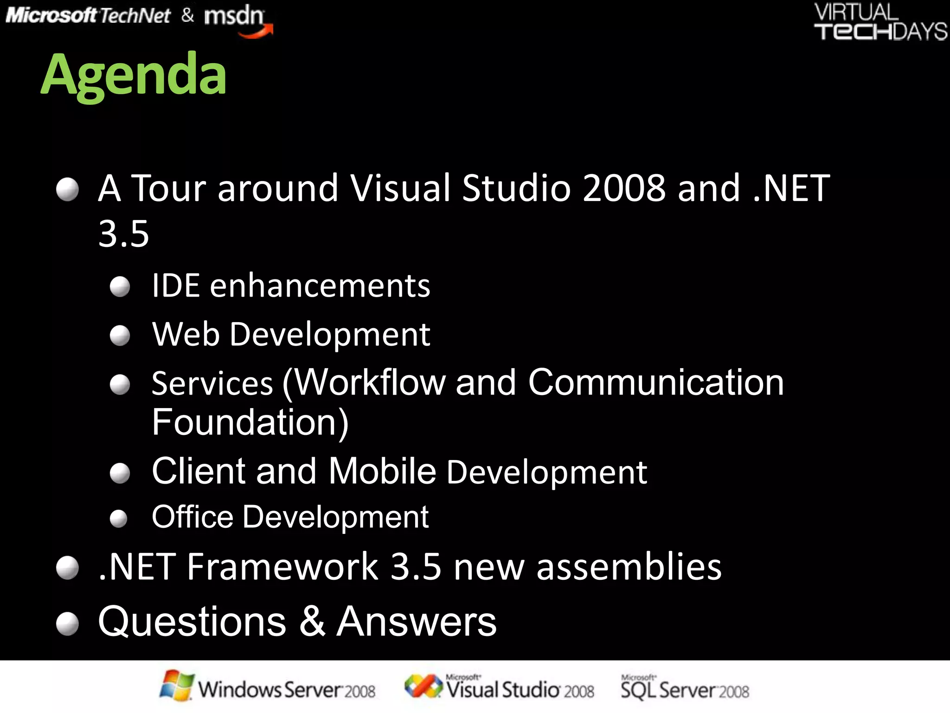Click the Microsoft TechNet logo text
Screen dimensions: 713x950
point(88,16)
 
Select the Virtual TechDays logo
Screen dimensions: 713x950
point(880,22)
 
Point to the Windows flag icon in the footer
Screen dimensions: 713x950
point(176,685)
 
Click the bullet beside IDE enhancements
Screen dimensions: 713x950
point(120,287)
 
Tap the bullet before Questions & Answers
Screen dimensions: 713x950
point(68,623)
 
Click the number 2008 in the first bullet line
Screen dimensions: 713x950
point(624,188)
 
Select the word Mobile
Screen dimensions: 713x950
point(382,472)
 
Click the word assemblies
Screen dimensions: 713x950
point(629,567)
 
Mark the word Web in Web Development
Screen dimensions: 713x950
point(186,334)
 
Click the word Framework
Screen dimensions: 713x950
point(282,567)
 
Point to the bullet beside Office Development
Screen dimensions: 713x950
point(119,519)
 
